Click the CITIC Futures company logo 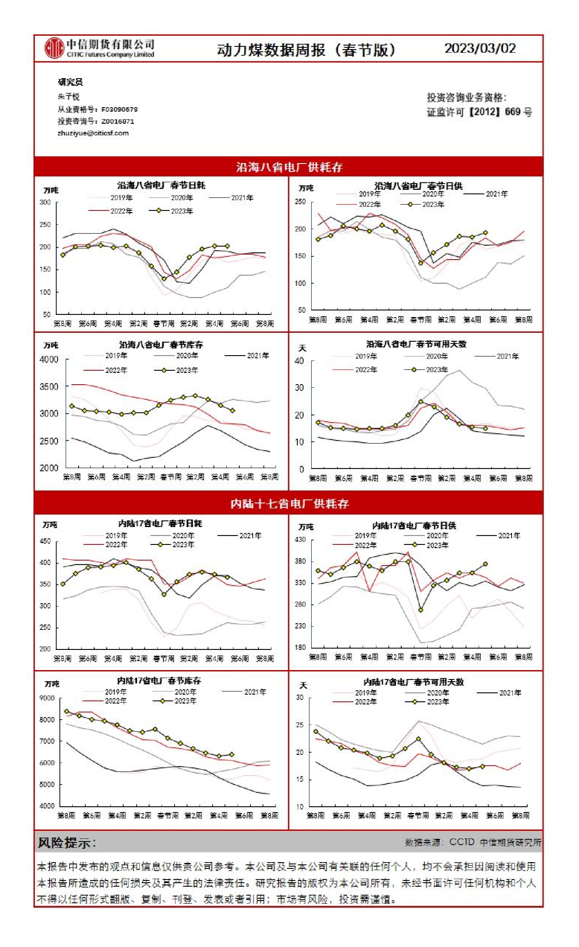click(x=100, y=48)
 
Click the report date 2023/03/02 click(x=480, y=48)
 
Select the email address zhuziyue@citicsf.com click(x=93, y=133)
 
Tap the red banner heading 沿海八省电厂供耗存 click(x=289, y=167)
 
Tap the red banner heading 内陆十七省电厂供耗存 click(x=289, y=503)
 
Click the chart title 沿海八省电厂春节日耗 click(x=161, y=185)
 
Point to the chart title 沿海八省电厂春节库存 click(x=161, y=345)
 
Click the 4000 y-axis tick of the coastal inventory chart click(x=48, y=360)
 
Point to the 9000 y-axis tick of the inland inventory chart click(x=47, y=698)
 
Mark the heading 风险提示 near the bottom click(x=67, y=843)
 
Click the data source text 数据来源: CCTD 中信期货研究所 click(x=473, y=843)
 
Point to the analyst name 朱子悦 click(x=68, y=97)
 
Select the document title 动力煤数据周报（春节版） click(x=306, y=50)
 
